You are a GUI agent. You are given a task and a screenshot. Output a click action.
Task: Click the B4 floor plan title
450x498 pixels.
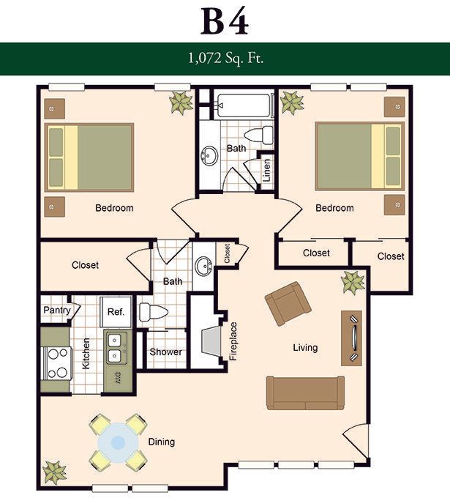point(225,21)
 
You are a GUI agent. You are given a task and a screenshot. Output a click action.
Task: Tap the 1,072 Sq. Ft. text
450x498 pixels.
point(225,58)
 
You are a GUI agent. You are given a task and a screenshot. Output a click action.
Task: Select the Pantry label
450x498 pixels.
point(57,310)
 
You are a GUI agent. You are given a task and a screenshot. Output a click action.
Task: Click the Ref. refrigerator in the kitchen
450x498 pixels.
point(116,312)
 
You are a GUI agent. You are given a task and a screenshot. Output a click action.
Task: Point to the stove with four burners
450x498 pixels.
point(57,363)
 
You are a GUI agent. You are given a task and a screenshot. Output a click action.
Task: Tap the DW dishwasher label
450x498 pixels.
point(117,378)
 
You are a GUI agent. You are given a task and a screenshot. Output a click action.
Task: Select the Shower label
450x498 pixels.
point(165,352)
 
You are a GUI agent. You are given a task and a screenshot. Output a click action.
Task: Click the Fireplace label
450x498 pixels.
point(233,341)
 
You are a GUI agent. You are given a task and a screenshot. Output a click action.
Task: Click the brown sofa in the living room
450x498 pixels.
point(305,393)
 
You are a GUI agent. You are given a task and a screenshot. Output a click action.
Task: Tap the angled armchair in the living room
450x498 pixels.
point(288,304)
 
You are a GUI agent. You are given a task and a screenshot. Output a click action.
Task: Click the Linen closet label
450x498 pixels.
point(267,170)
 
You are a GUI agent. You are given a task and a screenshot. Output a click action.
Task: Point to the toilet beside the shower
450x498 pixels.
point(153,312)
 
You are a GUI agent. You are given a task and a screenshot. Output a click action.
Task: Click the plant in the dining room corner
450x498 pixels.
point(55,472)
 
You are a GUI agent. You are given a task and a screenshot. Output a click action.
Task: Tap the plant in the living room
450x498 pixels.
point(353,283)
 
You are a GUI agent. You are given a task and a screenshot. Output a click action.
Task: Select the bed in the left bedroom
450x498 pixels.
point(89,157)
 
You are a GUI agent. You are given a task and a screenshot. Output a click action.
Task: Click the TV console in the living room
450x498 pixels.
point(352,338)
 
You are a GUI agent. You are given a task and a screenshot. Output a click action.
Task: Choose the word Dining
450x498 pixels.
point(162,442)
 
